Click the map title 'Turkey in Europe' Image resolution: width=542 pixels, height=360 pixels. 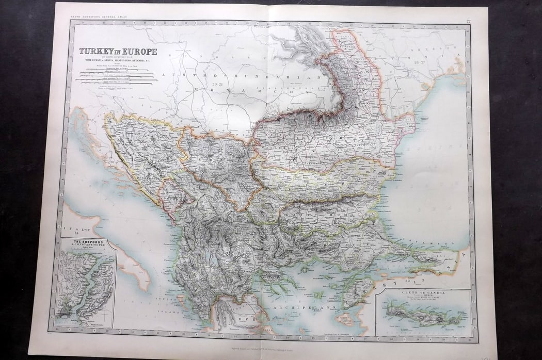(118, 52)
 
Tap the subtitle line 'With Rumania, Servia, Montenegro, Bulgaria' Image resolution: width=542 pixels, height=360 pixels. (118, 61)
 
